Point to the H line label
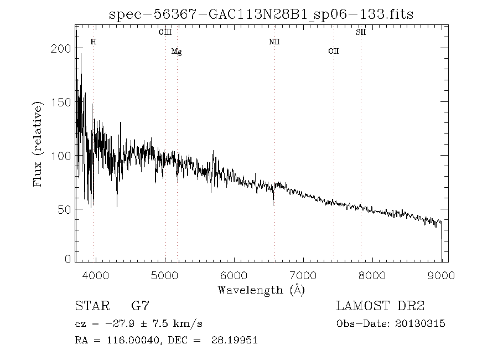click(x=93, y=42)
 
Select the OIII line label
click(x=165, y=33)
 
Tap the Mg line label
click(x=177, y=52)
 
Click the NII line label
click(x=274, y=42)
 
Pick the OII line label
click(x=333, y=52)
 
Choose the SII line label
click(x=361, y=33)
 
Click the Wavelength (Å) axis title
click(x=261, y=290)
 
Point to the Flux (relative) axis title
click(x=38, y=144)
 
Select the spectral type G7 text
click(x=140, y=306)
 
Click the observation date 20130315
click(x=421, y=323)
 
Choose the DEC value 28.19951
click(x=234, y=341)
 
